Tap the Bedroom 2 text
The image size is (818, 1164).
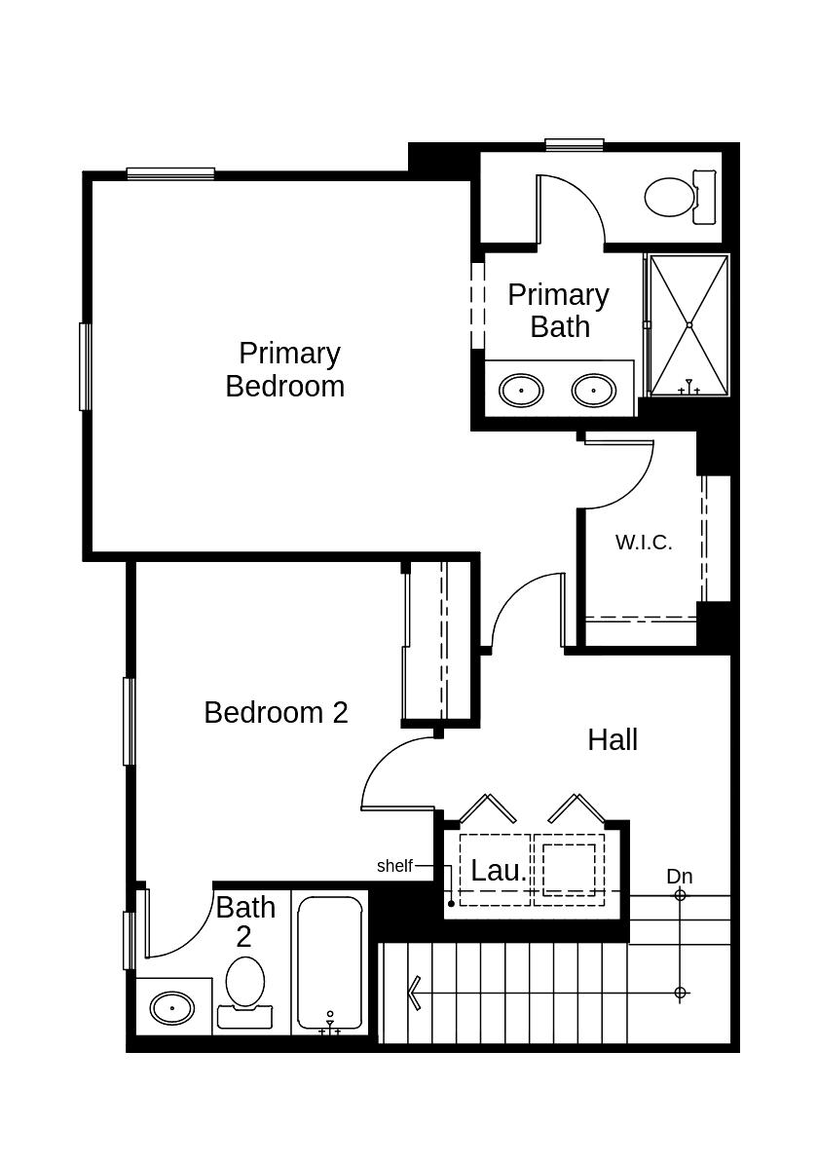coord(276,712)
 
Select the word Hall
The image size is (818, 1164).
coord(613,739)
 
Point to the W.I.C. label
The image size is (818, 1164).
coord(644,543)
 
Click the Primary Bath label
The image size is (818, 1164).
coord(559,310)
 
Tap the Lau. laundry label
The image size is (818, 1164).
coord(499,871)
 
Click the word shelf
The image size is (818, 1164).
coord(394,865)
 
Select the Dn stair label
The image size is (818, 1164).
coord(680,877)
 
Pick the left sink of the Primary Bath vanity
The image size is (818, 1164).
coord(521,391)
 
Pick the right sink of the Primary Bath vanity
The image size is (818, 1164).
coord(593,391)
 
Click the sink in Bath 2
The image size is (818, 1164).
coord(172,1007)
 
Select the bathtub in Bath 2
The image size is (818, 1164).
coord(330,964)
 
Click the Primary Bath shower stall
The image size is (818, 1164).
coord(688,324)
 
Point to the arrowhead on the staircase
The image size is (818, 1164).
coord(414,993)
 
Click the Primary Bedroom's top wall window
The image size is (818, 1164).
coord(170,173)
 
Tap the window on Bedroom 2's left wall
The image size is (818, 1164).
coord(129,721)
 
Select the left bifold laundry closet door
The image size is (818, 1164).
coord(487,807)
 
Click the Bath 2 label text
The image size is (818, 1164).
coord(244,920)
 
